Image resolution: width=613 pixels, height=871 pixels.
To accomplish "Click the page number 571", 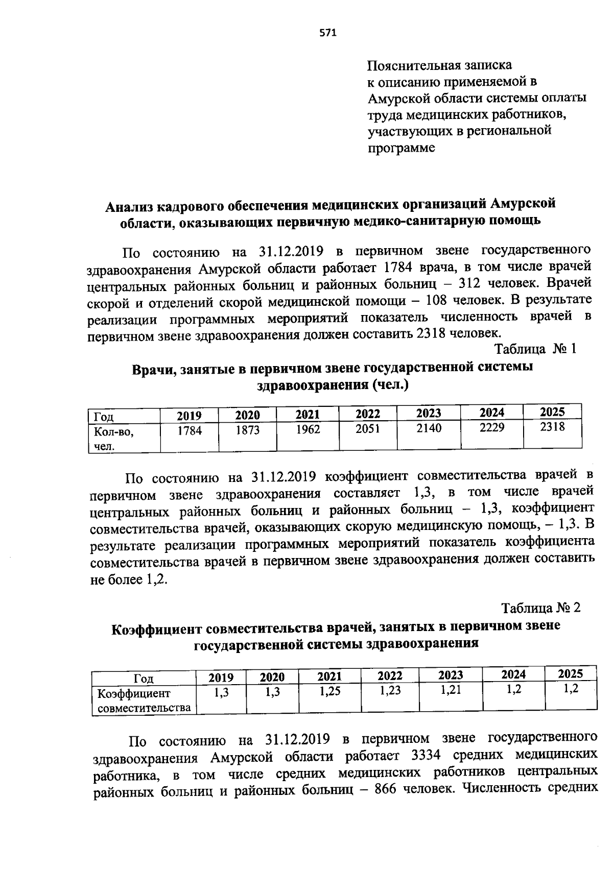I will click(x=328, y=33).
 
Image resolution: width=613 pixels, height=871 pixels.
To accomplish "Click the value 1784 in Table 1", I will click(x=190, y=431).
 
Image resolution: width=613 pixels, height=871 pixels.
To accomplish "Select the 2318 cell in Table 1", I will click(x=552, y=427).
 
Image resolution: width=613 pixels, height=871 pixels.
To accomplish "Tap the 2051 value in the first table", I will click(x=368, y=429).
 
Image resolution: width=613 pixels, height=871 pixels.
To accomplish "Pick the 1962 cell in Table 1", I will click(x=308, y=430).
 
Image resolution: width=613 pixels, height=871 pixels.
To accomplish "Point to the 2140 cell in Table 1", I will click(x=429, y=428).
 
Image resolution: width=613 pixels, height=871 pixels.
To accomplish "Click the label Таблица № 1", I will click(x=535, y=349).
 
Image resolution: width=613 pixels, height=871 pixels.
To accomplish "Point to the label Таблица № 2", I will click(x=541, y=608).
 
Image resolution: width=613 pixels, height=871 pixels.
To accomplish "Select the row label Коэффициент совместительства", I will click(x=144, y=700).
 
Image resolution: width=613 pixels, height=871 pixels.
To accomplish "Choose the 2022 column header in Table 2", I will click(x=390, y=676).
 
